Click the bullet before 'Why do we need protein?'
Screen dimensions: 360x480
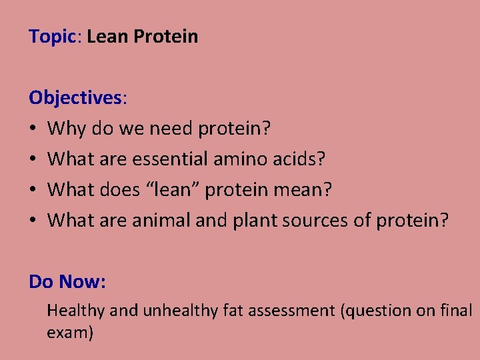[33, 129]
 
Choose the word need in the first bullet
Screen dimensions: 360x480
[169, 129]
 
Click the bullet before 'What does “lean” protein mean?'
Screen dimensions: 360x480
[33, 190]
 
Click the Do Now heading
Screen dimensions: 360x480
[66, 282]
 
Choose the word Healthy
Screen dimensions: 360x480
[75, 310]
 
